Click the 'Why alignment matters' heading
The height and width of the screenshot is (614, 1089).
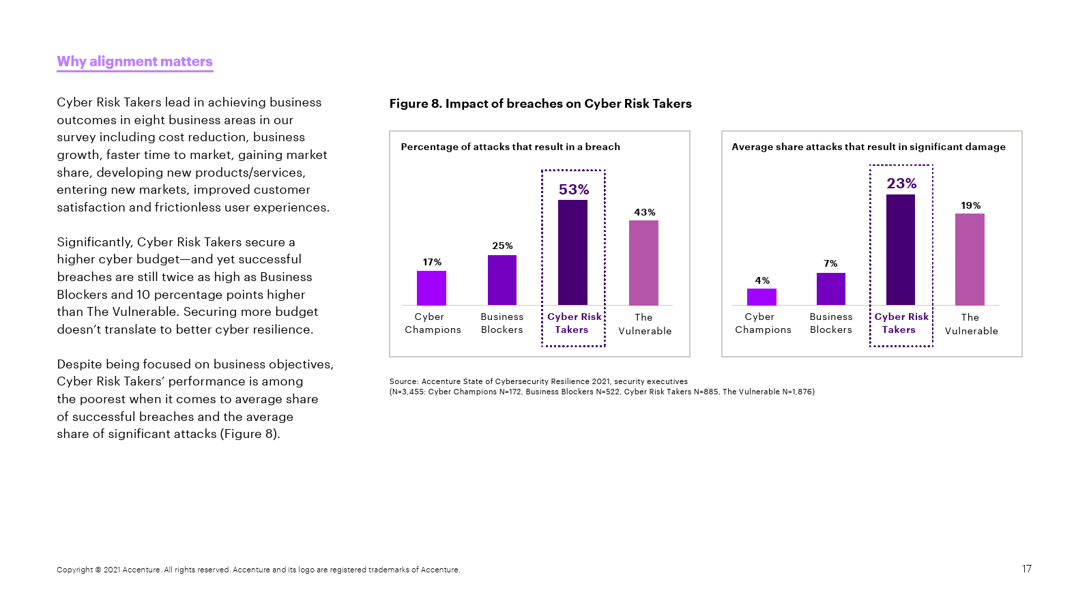(134, 61)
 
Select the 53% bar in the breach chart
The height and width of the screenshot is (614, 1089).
(572, 252)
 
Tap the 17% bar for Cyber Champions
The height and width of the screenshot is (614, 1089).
(431, 288)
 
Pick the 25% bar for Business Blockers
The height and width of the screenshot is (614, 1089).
(502, 280)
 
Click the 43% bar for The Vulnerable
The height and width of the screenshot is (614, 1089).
(643, 263)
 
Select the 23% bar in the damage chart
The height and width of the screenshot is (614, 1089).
(901, 250)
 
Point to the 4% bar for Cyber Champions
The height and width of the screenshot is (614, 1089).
(761, 297)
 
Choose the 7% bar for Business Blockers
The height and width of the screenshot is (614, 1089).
(831, 289)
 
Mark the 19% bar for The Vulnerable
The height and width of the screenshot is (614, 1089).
(970, 259)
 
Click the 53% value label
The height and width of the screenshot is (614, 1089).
(574, 190)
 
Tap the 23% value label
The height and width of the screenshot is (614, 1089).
(901, 184)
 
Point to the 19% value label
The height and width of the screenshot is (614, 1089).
(970, 205)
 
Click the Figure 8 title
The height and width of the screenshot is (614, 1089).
(540, 104)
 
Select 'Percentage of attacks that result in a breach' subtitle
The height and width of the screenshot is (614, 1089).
(510, 147)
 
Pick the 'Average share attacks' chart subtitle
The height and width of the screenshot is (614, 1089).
(869, 147)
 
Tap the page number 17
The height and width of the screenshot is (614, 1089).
(1027, 569)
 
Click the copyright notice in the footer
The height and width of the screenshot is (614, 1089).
(258, 570)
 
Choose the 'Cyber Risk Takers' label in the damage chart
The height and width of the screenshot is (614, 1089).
(901, 323)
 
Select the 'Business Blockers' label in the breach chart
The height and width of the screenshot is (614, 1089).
(502, 323)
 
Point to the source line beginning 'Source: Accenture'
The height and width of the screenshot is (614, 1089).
(538, 381)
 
